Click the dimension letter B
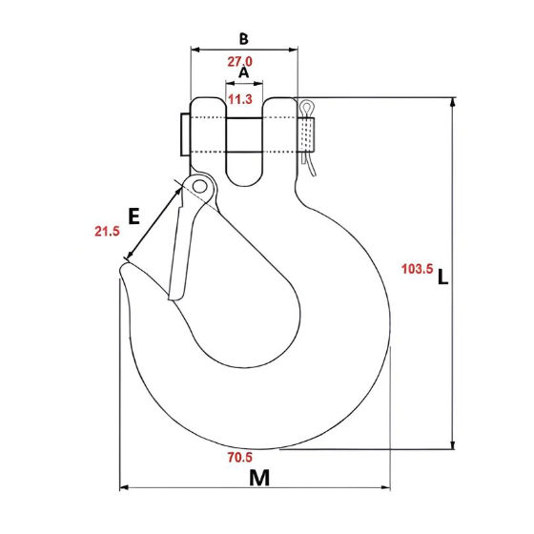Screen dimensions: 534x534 (x=244, y=39)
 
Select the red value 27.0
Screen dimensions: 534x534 (x=239, y=62)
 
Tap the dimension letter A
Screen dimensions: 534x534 (x=243, y=72)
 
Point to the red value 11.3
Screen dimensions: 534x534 (x=241, y=99)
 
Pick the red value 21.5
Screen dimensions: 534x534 (x=107, y=231)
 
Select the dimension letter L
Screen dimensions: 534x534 (x=442, y=278)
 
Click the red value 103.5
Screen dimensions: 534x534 (x=415, y=270)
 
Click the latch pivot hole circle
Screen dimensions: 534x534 (x=198, y=185)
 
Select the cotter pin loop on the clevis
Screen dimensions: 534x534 (x=306, y=111)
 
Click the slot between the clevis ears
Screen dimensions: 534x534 (x=244, y=143)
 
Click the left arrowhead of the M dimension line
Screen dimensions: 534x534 (x=123, y=489)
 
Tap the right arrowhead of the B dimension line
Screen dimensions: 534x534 (x=295, y=49)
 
